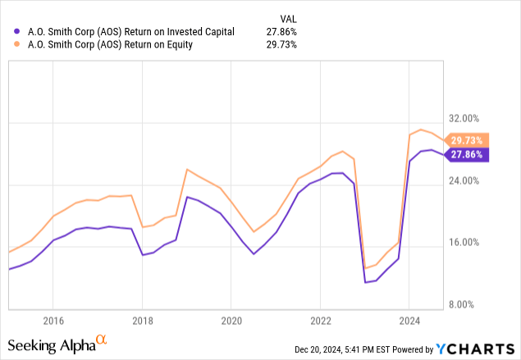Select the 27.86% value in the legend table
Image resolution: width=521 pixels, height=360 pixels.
point(281,32)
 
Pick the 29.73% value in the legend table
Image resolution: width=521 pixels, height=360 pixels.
point(281,45)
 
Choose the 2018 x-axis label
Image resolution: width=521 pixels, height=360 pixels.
point(142,320)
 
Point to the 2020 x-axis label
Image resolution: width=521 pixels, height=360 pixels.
point(231,320)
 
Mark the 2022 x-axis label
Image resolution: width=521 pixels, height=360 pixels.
point(320,320)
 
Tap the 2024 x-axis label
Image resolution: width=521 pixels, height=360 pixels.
point(409,320)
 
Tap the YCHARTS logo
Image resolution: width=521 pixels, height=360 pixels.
point(476,348)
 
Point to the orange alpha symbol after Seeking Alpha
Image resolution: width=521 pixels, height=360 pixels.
point(101,338)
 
